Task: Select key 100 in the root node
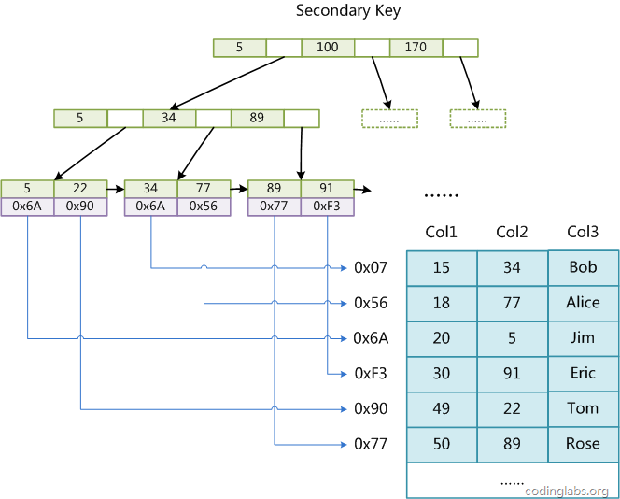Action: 328,48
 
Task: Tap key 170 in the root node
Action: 416,48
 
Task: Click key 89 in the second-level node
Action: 257,119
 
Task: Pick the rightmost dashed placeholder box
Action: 477,119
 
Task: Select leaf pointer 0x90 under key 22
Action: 80,207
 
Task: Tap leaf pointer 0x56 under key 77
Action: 204,207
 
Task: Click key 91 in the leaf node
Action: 327,189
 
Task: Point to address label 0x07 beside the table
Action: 371,268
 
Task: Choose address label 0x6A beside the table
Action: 371,338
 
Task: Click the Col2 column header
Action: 512,232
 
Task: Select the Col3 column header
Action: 583,232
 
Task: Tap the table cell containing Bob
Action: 583,268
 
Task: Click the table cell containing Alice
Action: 583,303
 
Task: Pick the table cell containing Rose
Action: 583,444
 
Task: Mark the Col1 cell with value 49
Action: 441,408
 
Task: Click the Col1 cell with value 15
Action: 441,268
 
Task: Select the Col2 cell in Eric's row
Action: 512,374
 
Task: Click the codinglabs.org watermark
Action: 567,491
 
